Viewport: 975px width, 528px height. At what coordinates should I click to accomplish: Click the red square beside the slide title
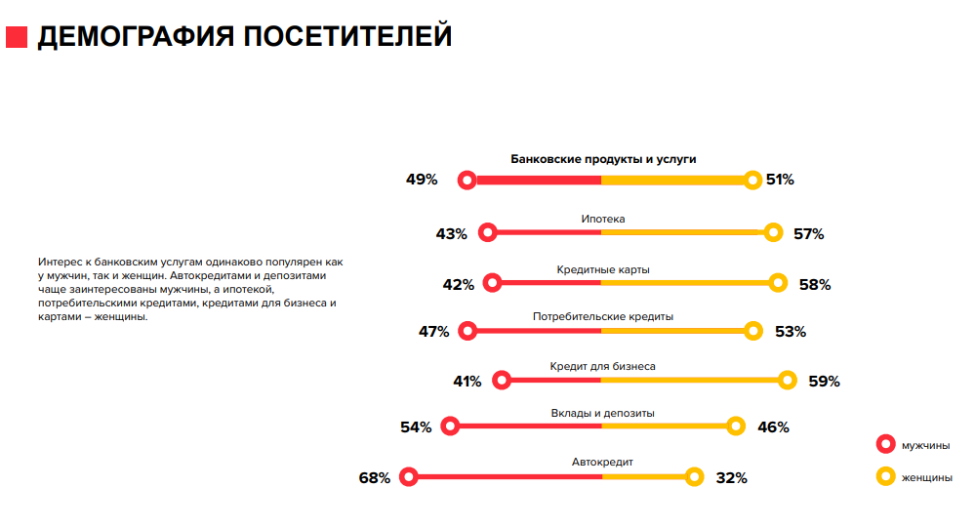click(x=17, y=37)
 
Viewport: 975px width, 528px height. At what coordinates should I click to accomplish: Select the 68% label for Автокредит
click(x=375, y=478)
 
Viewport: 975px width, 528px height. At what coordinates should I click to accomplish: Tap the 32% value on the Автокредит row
click(x=731, y=478)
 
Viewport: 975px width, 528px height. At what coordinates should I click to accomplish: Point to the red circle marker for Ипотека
click(x=488, y=232)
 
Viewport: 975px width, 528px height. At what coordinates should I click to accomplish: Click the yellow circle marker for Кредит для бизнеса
click(x=789, y=380)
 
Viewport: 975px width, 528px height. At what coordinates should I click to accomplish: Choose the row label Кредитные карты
click(x=603, y=269)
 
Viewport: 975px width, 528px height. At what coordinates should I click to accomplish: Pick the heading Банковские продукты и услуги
click(x=603, y=159)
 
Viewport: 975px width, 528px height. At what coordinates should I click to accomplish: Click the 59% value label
click(x=824, y=382)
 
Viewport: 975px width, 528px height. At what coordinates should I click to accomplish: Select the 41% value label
click(x=467, y=382)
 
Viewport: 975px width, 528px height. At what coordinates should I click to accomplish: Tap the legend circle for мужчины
click(x=886, y=445)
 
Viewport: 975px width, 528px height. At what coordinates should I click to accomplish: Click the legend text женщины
click(x=926, y=477)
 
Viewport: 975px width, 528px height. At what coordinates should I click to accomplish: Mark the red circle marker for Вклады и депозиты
click(x=450, y=426)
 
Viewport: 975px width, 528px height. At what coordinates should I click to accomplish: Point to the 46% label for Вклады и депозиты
click(x=773, y=427)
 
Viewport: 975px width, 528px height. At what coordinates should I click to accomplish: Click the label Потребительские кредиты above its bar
click(x=603, y=316)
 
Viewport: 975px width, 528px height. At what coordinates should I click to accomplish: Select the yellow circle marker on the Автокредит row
click(x=695, y=476)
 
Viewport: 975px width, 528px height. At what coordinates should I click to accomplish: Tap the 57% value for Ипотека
click(x=808, y=234)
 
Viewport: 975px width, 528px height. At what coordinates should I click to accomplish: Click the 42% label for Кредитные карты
click(x=458, y=285)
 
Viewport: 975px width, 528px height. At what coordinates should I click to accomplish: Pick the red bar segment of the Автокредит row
click(x=508, y=476)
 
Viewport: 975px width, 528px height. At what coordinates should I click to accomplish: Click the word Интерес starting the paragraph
click(x=59, y=263)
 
